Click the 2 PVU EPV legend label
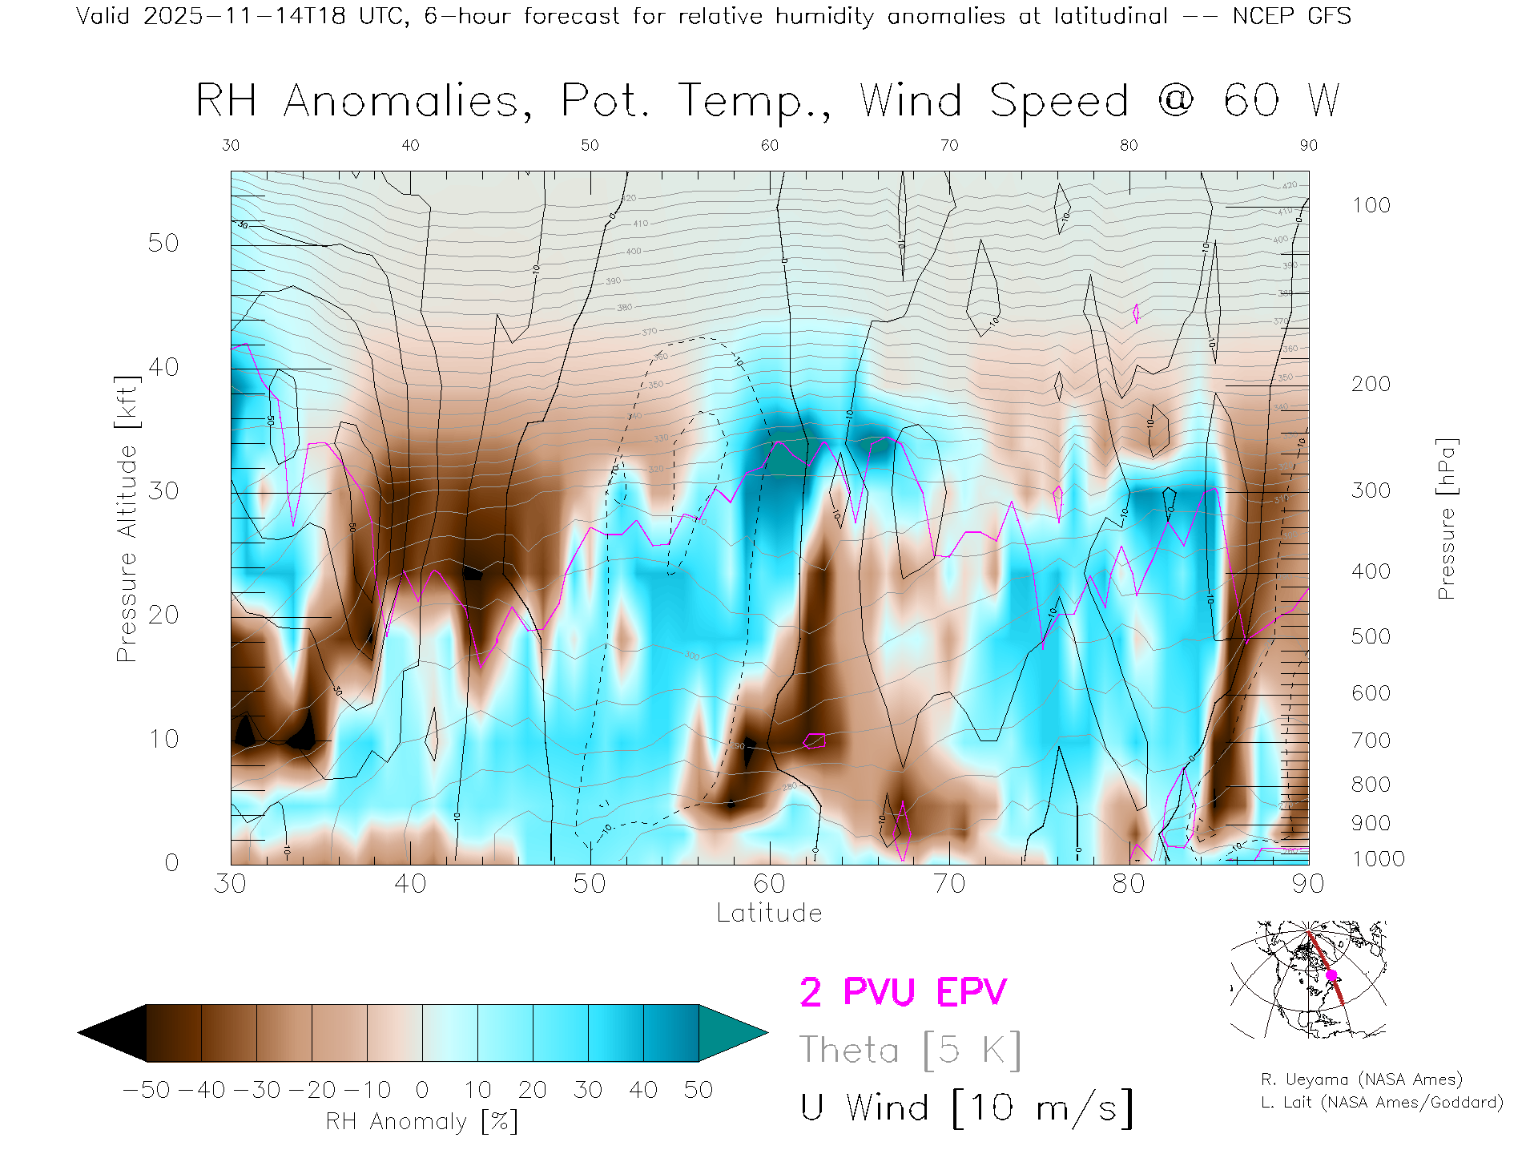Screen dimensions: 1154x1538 pyautogui.click(x=903, y=992)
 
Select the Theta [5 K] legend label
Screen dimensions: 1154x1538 pyautogui.click(x=910, y=1050)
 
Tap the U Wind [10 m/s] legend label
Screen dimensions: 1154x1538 pyautogui.click(x=966, y=1108)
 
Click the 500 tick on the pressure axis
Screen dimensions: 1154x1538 pyautogui.click(x=1371, y=636)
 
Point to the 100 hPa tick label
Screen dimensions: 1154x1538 pyautogui.click(x=1371, y=205)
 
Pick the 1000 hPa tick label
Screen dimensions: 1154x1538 pyautogui.click(x=1378, y=859)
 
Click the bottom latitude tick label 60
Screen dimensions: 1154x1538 pyautogui.click(x=769, y=883)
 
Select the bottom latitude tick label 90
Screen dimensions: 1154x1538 pyautogui.click(x=1308, y=883)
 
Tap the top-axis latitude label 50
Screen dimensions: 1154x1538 pyautogui.click(x=590, y=145)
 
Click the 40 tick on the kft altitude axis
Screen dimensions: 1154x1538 pyautogui.click(x=163, y=367)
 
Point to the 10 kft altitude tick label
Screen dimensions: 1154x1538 pyautogui.click(x=163, y=739)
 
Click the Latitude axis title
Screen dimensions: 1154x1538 pyautogui.click(x=769, y=913)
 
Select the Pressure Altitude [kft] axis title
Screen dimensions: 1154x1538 pyautogui.click(x=127, y=518)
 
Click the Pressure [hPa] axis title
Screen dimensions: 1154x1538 pyautogui.click(x=1446, y=518)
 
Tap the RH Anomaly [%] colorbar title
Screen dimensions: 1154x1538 pyautogui.click(x=421, y=1121)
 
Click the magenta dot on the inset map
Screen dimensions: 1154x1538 pyautogui.click(x=1331, y=975)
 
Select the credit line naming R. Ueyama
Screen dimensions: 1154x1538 pyautogui.click(x=1361, y=1079)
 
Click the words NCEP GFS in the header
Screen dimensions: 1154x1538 pyautogui.click(x=1291, y=16)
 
